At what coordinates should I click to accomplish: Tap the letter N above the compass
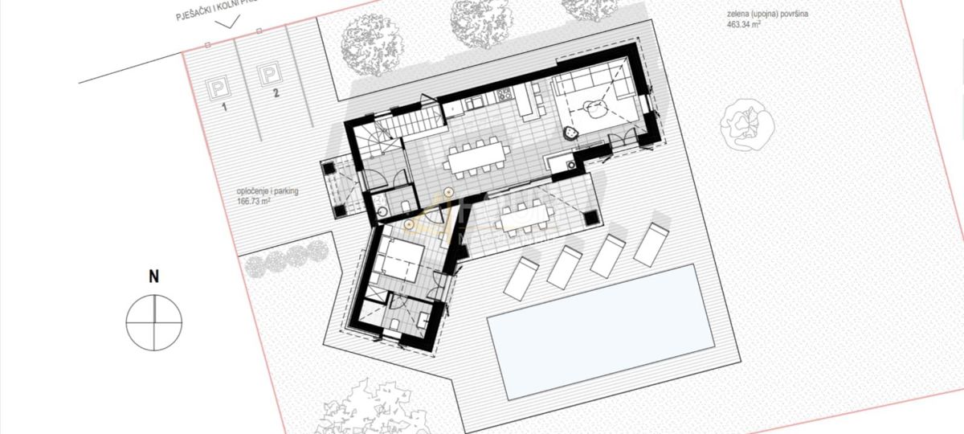point(153,277)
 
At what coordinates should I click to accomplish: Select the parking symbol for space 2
point(267,76)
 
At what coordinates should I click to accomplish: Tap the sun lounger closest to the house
point(523,276)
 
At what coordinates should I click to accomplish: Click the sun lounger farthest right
point(651,244)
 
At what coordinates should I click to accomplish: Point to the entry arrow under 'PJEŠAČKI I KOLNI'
point(228,23)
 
